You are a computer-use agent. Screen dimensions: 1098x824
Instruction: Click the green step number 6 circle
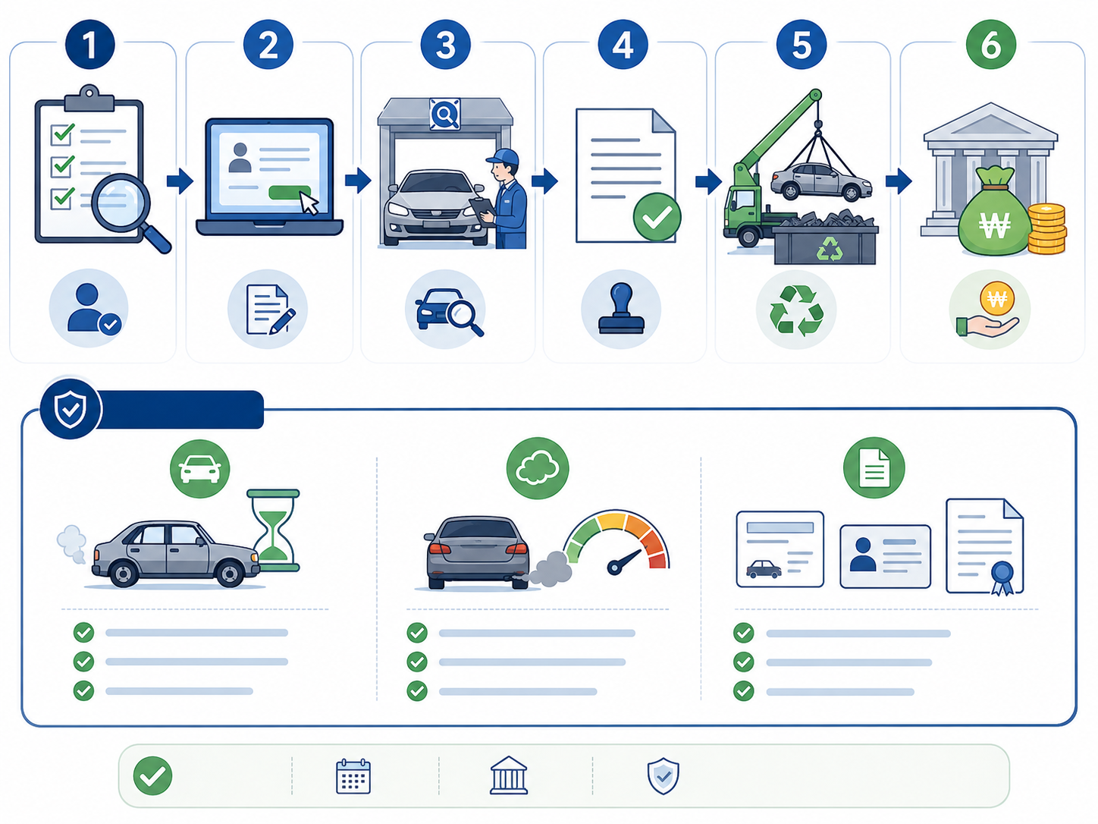coord(990,45)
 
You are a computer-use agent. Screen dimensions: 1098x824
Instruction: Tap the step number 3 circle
coord(445,45)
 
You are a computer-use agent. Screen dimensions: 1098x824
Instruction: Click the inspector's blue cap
coord(504,156)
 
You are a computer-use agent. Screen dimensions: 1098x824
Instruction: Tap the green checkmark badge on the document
coord(657,217)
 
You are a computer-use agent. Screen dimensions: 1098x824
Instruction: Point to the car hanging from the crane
coord(820,181)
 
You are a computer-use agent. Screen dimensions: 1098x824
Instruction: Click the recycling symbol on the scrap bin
coord(830,249)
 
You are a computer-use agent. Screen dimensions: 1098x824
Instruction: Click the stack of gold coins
coord(1046,228)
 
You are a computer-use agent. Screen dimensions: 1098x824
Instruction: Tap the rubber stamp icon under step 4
coord(621,308)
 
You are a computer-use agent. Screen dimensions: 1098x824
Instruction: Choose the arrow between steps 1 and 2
coord(180,181)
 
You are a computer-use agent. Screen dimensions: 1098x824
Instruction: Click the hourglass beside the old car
coord(273,530)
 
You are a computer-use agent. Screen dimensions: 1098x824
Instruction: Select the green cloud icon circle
coord(537,468)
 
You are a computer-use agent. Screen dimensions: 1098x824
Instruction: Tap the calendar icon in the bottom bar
coord(353,776)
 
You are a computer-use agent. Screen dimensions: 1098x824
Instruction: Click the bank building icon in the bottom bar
coord(508,775)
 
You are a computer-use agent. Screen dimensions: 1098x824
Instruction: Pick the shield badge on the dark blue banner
coord(71,409)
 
